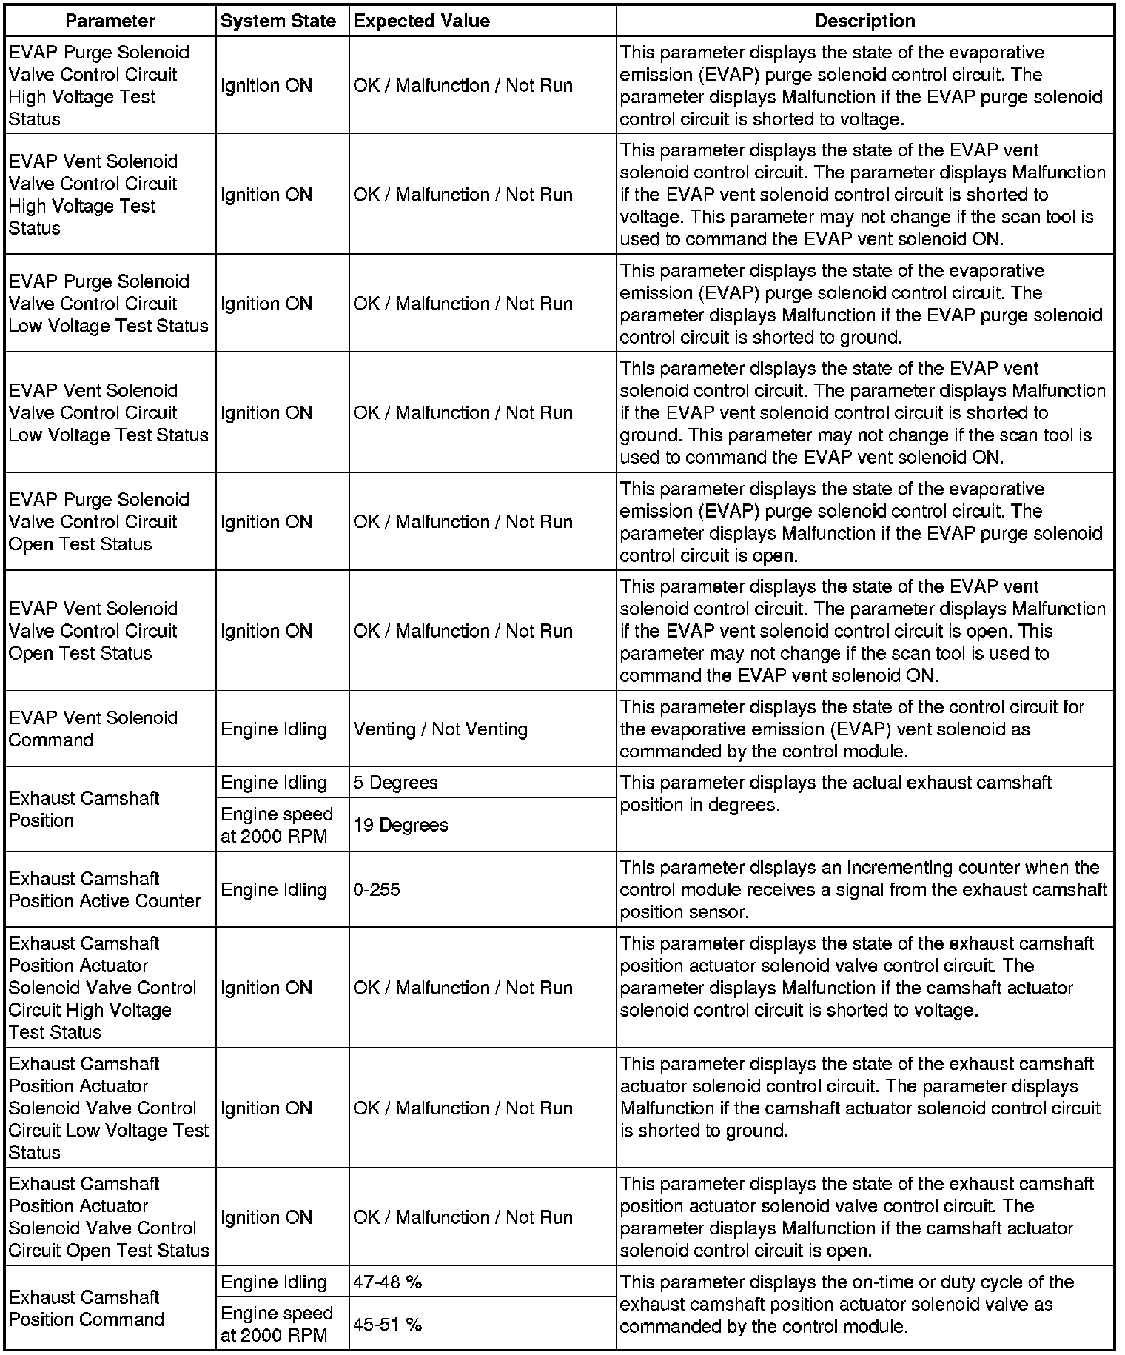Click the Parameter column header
[110, 21]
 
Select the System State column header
[278, 21]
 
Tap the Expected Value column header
[422, 21]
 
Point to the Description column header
[864, 21]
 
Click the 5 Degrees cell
[396, 783]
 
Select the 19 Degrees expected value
[401, 825]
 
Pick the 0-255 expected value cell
[377, 889]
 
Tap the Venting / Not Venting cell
[440, 729]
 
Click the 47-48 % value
[387, 1282]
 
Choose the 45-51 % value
[387, 1324]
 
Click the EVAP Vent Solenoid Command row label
[93, 729]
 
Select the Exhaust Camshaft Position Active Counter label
[105, 889]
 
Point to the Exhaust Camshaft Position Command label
[87, 1308]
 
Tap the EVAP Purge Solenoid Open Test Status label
[99, 521]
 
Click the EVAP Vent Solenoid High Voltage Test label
[93, 194]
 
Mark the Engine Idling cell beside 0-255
[274, 889]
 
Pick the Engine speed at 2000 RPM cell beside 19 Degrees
[277, 825]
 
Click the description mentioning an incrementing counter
[863, 889]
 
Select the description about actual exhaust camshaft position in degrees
[836, 793]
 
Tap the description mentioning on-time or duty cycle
[847, 1304]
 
